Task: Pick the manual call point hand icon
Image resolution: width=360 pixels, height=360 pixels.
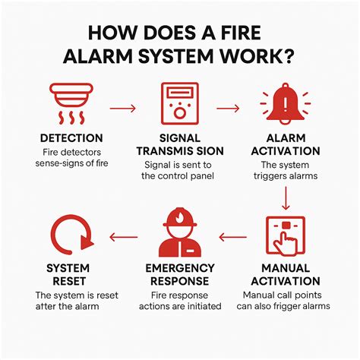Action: [287, 236]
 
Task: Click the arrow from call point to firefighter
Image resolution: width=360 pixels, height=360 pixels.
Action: [233, 236]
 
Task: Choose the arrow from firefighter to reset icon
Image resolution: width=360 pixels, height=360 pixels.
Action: [125, 236]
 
